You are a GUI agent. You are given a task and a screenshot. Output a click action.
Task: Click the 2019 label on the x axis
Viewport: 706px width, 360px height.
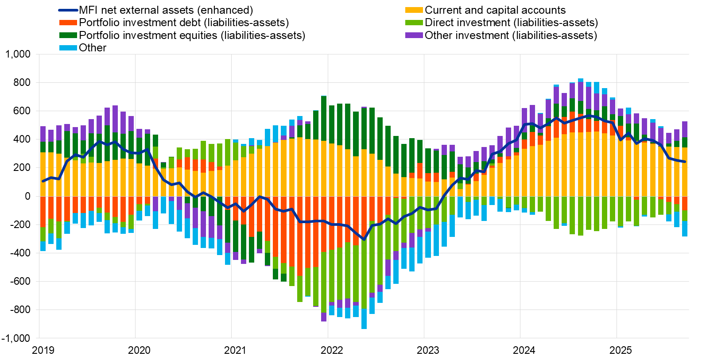click(43, 350)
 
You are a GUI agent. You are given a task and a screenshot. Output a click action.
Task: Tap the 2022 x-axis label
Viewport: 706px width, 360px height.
click(332, 350)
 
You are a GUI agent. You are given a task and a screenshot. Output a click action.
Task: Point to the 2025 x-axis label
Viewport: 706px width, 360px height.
click(621, 350)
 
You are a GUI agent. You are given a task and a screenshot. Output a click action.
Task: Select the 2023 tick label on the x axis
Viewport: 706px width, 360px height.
click(428, 350)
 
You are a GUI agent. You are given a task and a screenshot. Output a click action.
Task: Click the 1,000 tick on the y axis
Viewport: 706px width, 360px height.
click(18, 54)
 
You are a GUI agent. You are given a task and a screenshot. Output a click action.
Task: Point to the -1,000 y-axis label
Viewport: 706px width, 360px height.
click(16, 338)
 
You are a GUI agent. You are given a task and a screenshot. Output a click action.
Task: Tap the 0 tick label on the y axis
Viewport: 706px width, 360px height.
click(27, 196)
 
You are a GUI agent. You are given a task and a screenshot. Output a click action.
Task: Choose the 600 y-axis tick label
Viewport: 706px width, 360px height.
click(22, 111)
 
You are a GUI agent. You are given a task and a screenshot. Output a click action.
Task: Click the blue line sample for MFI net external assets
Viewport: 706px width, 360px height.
click(68, 10)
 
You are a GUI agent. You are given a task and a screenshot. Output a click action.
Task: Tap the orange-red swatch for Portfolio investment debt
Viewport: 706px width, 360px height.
click(68, 23)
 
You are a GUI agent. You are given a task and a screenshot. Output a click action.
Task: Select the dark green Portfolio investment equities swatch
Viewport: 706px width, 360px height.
click(68, 35)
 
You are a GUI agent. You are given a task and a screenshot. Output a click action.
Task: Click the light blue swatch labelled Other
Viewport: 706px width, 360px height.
click(68, 48)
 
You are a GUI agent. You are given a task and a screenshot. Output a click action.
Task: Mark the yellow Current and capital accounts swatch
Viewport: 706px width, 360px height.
click(414, 10)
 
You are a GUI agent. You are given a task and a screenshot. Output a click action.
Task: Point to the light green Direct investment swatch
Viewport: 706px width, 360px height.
click(414, 23)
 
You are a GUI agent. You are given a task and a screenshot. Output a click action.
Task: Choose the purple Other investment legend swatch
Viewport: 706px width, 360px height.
click(414, 35)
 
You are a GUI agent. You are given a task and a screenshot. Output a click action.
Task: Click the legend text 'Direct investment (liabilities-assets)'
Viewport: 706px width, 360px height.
click(511, 23)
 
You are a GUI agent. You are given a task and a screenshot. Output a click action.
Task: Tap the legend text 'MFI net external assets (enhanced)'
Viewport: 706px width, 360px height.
click(166, 10)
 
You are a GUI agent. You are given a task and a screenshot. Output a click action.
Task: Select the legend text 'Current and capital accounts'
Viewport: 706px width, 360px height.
click(495, 10)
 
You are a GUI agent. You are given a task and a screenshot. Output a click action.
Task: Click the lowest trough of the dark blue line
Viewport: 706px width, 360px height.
click(364, 239)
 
